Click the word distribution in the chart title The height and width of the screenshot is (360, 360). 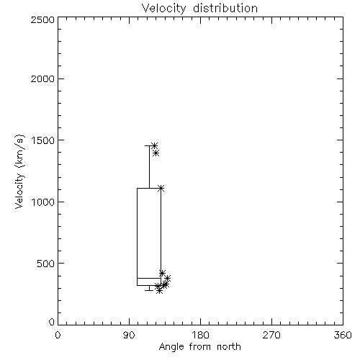tap(225, 8)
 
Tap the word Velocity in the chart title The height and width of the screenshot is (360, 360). tap(164, 9)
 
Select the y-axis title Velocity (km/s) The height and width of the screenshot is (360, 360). tap(19, 171)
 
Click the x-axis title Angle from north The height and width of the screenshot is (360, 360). tap(199, 347)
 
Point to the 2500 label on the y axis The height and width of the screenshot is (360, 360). tap(42, 19)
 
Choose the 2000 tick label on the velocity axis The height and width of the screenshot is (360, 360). tap(42, 78)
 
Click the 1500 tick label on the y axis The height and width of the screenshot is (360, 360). tap(43, 140)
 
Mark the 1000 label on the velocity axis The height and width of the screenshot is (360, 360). tap(43, 202)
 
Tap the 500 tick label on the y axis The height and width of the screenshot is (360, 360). tap(46, 264)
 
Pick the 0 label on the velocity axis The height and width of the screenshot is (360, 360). tap(52, 322)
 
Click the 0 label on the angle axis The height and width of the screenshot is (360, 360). tap(58, 335)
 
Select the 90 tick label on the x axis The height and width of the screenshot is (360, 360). tap(129, 335)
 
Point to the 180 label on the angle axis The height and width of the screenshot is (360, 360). tap(200, 335)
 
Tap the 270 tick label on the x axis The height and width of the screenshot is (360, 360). tap(271, 335)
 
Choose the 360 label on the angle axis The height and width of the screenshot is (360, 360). tap(343, 335)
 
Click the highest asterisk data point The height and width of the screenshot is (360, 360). tap(155, 145)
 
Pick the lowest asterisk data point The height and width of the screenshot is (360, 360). tap(159, 291)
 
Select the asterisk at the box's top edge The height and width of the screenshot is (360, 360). tap(161, 188)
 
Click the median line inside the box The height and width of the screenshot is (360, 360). tap(149, 278)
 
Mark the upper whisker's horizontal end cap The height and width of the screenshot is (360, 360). tap(149, 145)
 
